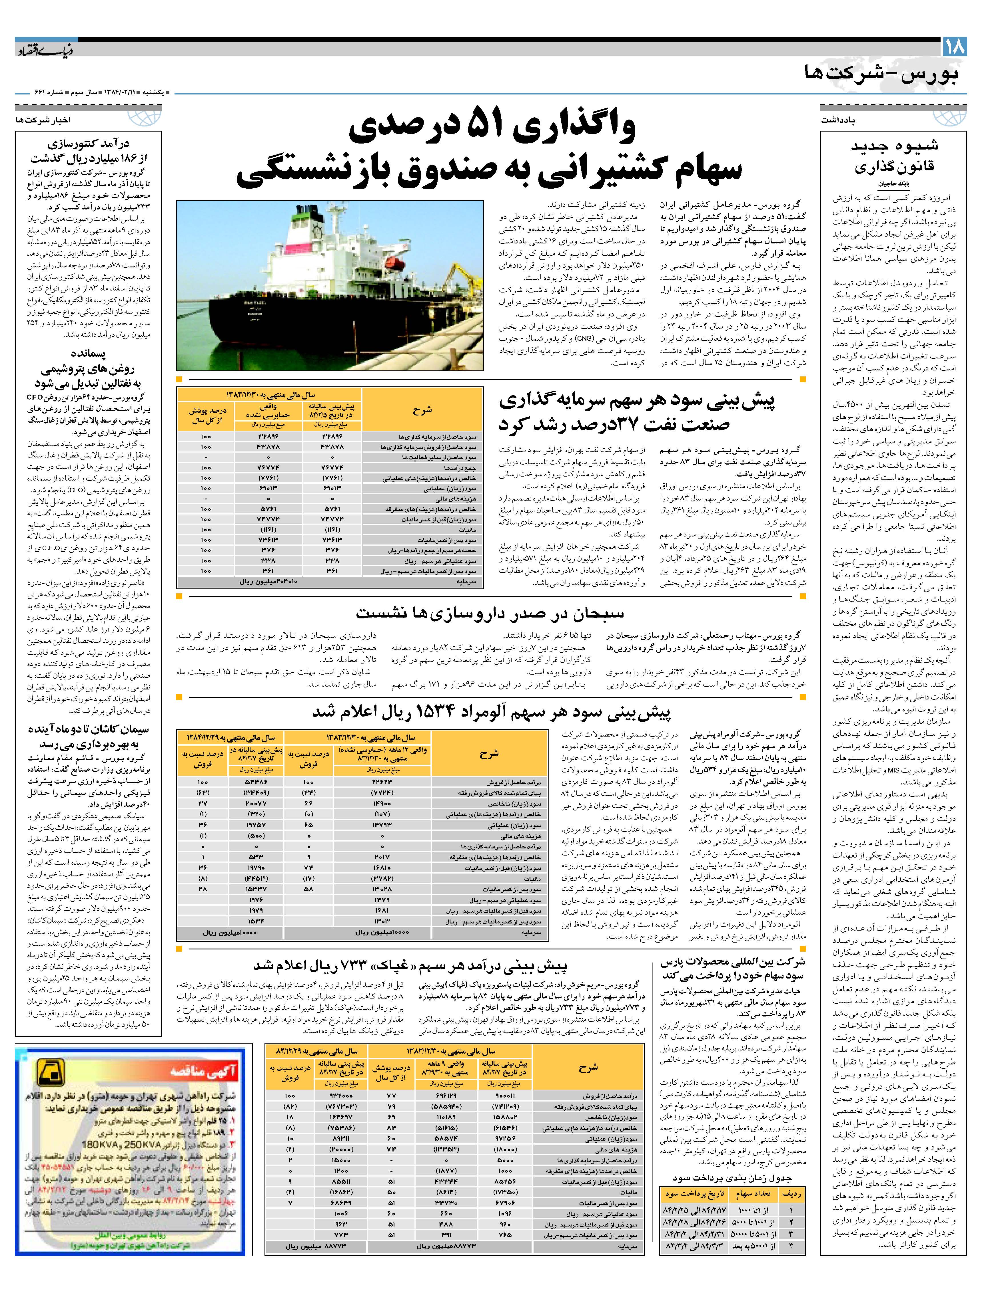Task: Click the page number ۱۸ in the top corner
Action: coord(954,47)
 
